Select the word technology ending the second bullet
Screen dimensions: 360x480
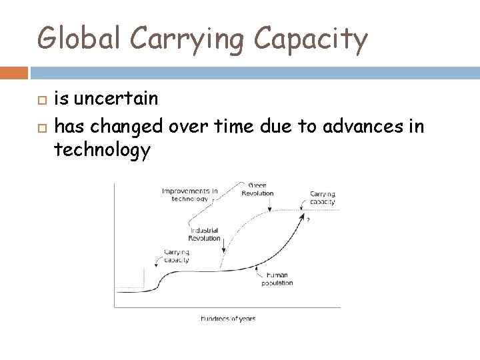coord(102,151)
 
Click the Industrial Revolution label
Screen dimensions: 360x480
coord(205,234)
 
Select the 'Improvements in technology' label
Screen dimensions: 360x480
coord(189,195)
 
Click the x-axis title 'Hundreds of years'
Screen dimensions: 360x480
coord(228,319)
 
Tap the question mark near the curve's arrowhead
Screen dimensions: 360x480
coord(308,220)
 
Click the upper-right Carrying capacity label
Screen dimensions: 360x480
coord(323,198)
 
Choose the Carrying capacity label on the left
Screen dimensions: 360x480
coord(176,256)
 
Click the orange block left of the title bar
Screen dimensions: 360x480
coord(13,72)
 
